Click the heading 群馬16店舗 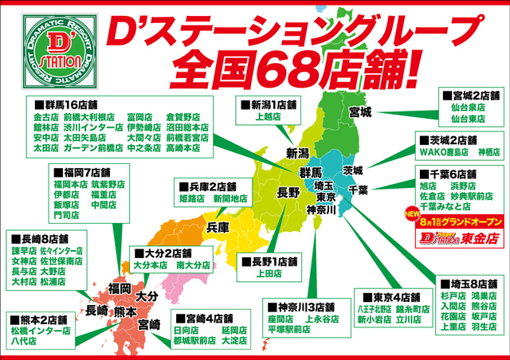pos(69,104)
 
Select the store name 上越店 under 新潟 pos(268,115)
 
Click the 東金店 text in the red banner pos(477,237)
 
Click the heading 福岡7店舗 pos(85,171)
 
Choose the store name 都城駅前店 pos(194,342)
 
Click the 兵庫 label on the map pos(218,227)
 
